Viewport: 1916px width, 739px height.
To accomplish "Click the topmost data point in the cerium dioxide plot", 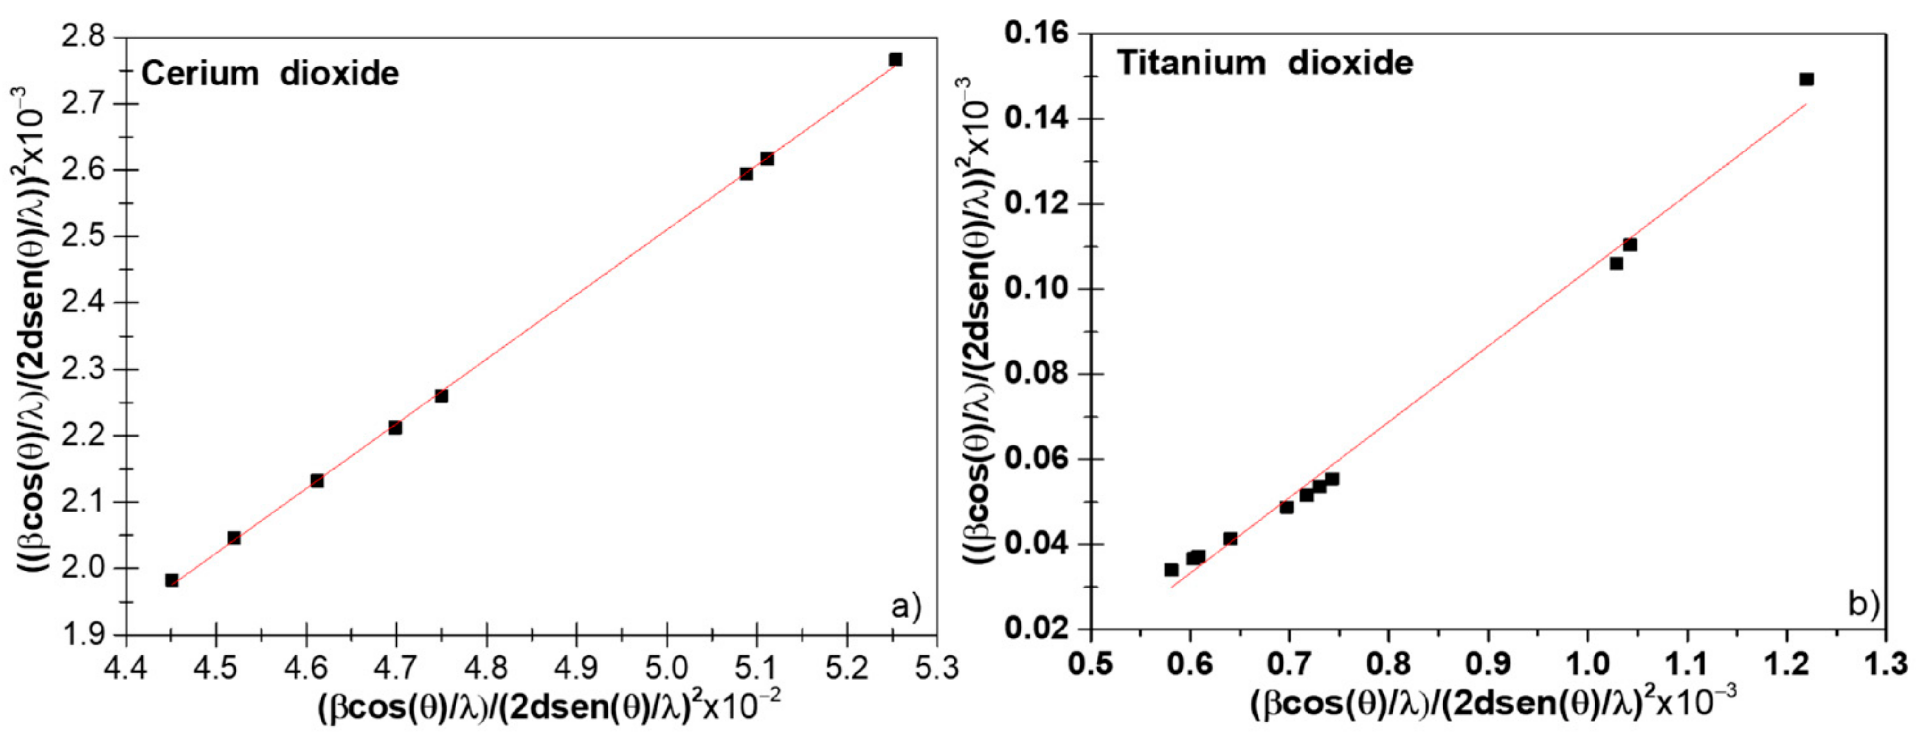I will (x=895, y=59).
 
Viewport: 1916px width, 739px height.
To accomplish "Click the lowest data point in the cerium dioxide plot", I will (x=172, y=580).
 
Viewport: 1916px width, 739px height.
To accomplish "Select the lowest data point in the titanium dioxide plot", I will (x=1172, y=570).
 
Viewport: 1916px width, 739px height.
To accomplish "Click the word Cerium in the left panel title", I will (x=199, y=74).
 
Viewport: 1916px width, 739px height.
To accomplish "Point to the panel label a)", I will (x=906, y=607).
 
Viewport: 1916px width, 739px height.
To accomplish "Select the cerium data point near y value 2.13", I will (x=317, y=480).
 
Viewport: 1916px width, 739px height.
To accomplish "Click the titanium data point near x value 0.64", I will (x=1230, y=538).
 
